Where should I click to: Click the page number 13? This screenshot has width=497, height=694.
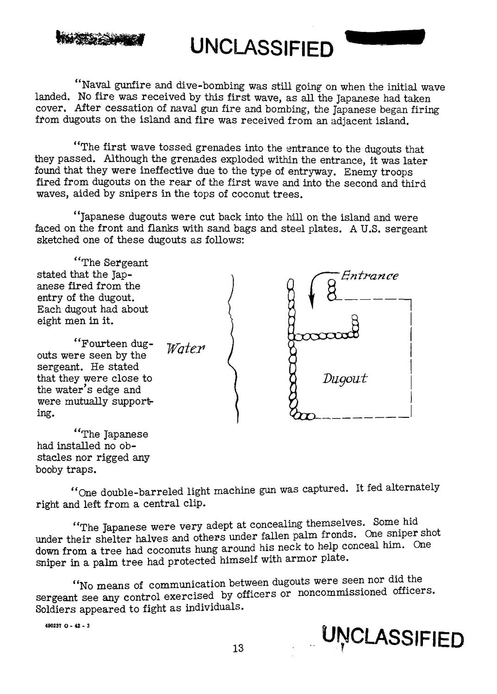click(238, 648)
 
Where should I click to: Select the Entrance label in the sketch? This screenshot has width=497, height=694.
click(369, 277)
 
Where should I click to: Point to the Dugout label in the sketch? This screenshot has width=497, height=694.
click(345, 379)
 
